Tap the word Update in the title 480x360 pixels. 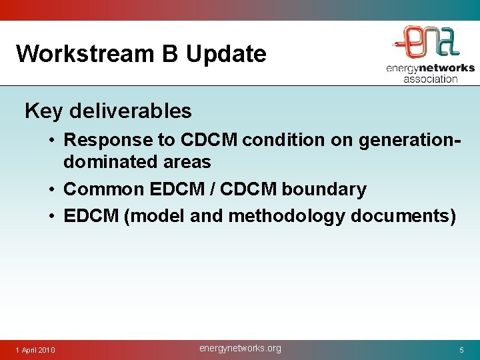coord(226,54)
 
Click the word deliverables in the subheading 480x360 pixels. coord(129,111)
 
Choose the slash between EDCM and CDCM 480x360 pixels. coord(211,189)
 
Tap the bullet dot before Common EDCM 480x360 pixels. coord(51,190)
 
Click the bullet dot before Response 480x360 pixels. coord(51,141)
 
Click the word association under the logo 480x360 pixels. coord(430,79)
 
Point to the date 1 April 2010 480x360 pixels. coord(36,350)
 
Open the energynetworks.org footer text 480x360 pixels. coord(240,349)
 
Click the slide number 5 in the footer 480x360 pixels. coord(461,350)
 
